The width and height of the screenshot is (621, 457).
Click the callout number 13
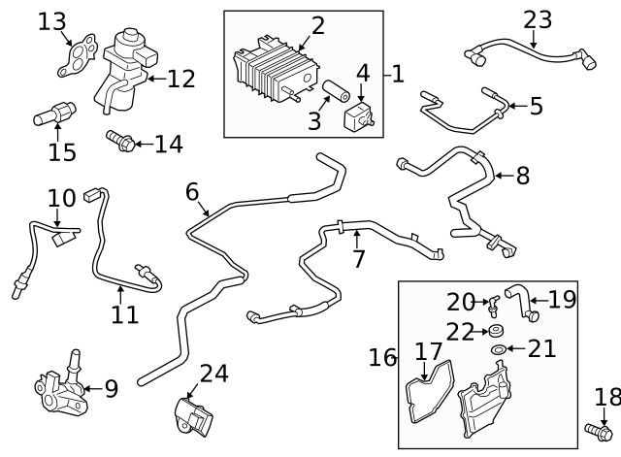point(52,20)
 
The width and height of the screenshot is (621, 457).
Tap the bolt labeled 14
point(118,143)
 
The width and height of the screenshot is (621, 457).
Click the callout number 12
point(180,79)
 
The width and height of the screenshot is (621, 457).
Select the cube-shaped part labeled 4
point(361,118)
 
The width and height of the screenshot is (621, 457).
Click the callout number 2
point(317,25)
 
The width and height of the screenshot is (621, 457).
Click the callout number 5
point(536,105)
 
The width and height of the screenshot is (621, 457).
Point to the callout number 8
point(523,176)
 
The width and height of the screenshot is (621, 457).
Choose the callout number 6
point(192,192)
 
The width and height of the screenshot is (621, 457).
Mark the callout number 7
point(358,259)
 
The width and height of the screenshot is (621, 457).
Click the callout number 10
point(61,198)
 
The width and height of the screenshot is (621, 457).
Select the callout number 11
point(124,313)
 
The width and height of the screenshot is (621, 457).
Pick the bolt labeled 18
point(598,428)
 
